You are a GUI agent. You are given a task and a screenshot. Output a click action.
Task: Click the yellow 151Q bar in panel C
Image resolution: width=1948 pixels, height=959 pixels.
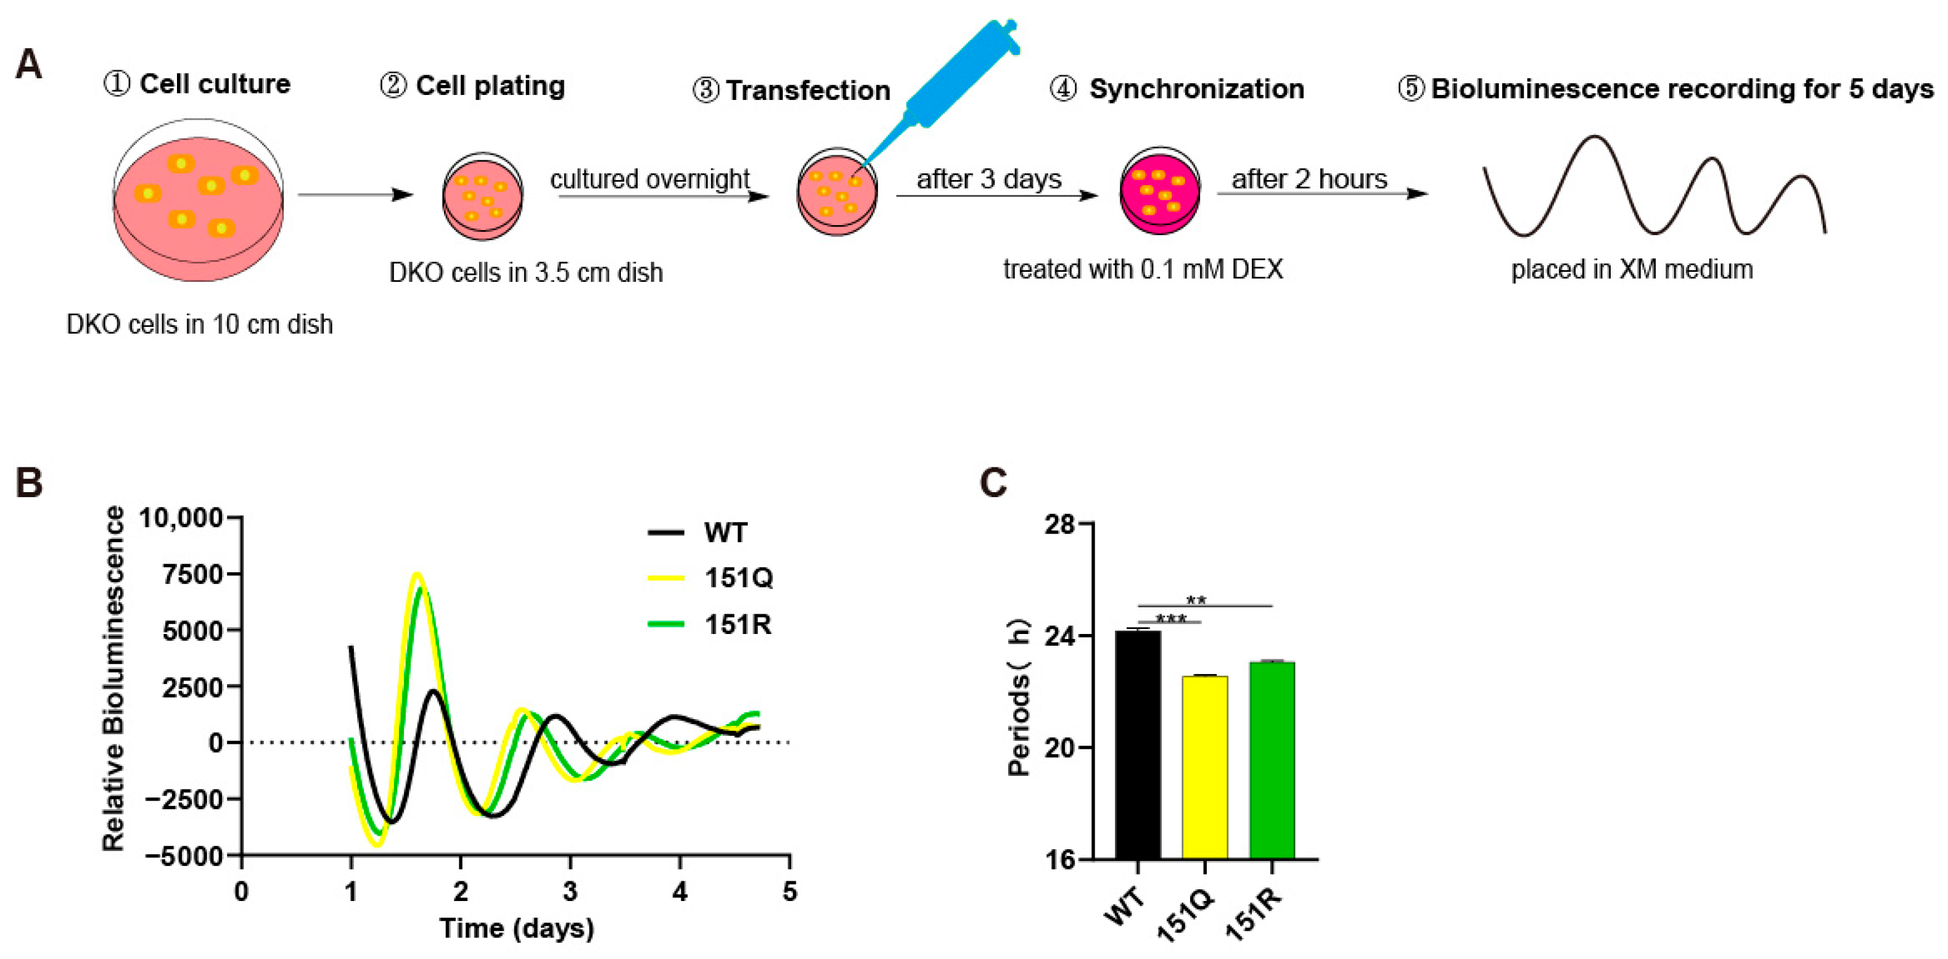coord(1205,767)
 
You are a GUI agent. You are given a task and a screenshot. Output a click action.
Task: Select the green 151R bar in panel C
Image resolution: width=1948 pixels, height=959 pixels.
coord(1272,760)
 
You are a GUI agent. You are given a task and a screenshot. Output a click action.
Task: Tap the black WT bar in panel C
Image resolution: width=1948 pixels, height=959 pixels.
coord(1137,745)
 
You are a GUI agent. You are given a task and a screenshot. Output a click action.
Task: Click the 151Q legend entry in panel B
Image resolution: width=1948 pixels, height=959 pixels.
coord(738,578)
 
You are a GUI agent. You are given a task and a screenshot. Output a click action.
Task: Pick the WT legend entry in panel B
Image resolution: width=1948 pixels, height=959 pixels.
coord(725,532)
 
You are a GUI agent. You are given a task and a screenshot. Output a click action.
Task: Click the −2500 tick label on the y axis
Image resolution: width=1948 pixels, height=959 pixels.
coord(184,799)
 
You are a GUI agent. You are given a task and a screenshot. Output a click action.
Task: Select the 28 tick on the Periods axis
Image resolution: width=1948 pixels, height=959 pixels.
coord(1059,524)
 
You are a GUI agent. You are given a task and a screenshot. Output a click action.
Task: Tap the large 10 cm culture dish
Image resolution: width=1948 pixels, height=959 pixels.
coord(198,200)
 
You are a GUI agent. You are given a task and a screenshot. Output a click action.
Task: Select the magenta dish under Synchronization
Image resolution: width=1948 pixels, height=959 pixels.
coord(1159,191)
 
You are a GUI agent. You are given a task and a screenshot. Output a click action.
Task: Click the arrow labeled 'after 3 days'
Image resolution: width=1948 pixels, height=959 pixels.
coord(997,196)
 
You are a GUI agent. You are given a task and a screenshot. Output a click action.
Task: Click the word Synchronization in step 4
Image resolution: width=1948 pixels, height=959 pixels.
coord(1196,89)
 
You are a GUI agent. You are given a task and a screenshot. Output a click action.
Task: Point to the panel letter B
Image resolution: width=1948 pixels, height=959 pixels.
coord(30,482)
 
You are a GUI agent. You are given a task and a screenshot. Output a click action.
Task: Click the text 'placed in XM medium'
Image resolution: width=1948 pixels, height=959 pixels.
coord(1631,270)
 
